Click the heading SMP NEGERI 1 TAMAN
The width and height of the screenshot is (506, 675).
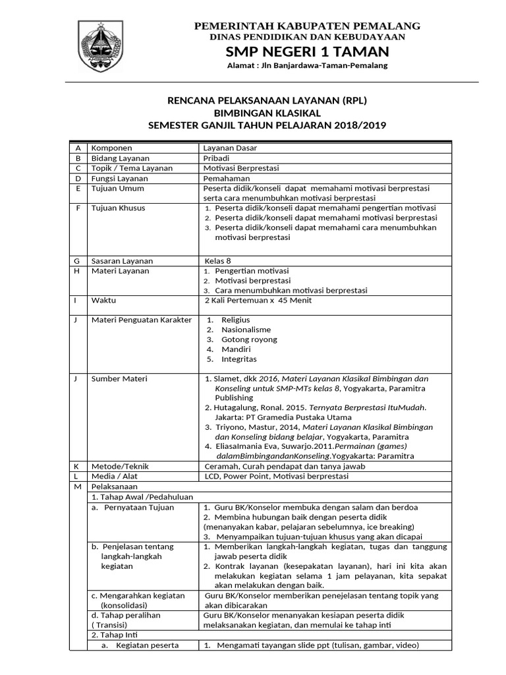tap(307, 51)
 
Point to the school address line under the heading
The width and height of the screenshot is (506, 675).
tap(306, 66)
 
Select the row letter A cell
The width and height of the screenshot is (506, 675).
tap(78, 148)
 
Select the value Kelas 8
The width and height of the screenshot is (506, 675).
tap(218, 260)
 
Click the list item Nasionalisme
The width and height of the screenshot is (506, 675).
tap(246, 330)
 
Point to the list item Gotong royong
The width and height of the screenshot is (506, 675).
tap(249, 339)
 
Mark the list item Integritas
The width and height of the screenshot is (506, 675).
tap(239, 359)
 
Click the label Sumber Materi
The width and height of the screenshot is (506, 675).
tap(119, 378)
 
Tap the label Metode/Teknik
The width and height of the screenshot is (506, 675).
tap(121, 466)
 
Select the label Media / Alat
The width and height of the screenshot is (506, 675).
tap(115, 476)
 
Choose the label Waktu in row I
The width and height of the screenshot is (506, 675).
tap(103, 300)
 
